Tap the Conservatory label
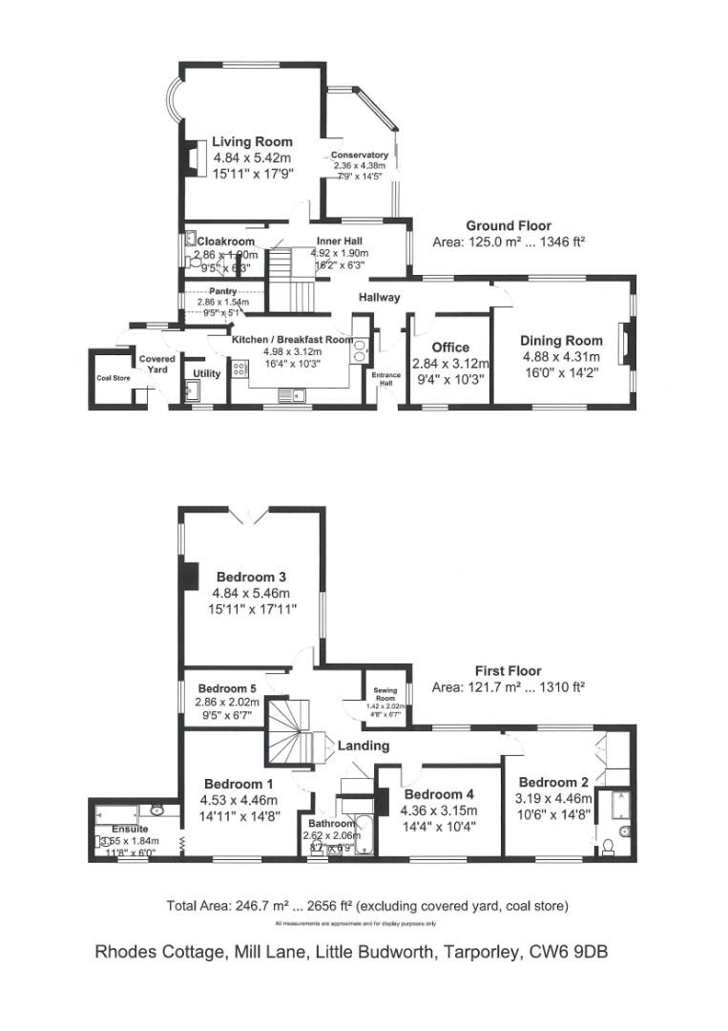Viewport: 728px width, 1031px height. pyautogui.click(x=360, y=155)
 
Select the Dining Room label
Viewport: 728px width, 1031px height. pyautogui.click(x=561, y=341)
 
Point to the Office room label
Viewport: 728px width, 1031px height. pyautogui.click(x=450, y=347)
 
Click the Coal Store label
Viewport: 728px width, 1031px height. pyautogui.click(x=111, y=377)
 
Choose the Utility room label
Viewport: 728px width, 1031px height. pyautogui.click(x=207, y=372)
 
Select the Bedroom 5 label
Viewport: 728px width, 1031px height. pyautogui.click(x=227, y=689)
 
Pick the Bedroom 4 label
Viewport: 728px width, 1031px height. pyautogui.click(x=439, y=794)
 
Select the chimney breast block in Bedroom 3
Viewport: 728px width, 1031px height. pyautogui.click(x=190, y=577)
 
